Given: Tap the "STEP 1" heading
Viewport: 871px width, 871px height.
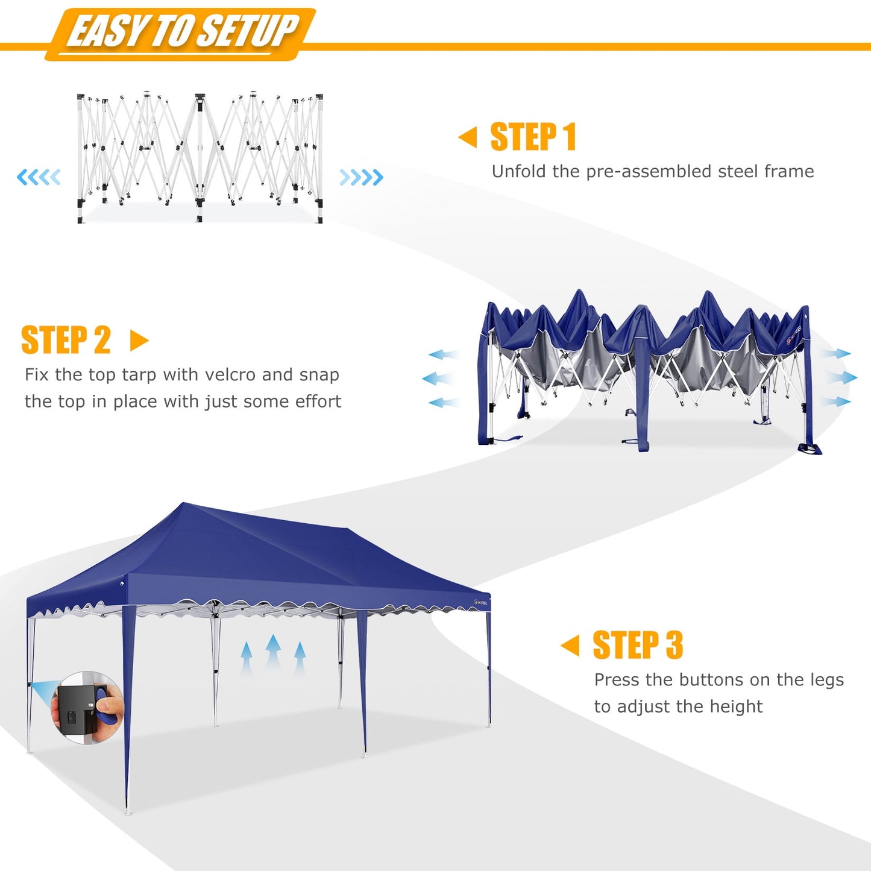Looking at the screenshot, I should (x=533, y=137).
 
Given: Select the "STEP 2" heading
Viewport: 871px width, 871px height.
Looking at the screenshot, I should (x=66, y=340).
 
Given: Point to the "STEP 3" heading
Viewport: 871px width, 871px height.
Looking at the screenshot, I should (x=638, y=645).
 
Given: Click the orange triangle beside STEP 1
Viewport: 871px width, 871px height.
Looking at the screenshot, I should (x=468, y=137).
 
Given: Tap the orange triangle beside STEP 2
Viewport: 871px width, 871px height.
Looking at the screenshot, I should (x=139, y=341).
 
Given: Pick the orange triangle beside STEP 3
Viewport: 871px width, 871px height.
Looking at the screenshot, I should (x=570, y=645).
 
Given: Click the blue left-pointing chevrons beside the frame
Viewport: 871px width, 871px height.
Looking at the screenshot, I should (x=39, y=177).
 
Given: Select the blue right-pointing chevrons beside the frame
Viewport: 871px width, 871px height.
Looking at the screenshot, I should (x=361, y=177).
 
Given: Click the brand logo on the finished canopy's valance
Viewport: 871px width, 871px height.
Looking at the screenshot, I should (x=480, y=602).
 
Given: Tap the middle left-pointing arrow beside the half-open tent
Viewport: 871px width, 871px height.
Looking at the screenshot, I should (x=437, y=379).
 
